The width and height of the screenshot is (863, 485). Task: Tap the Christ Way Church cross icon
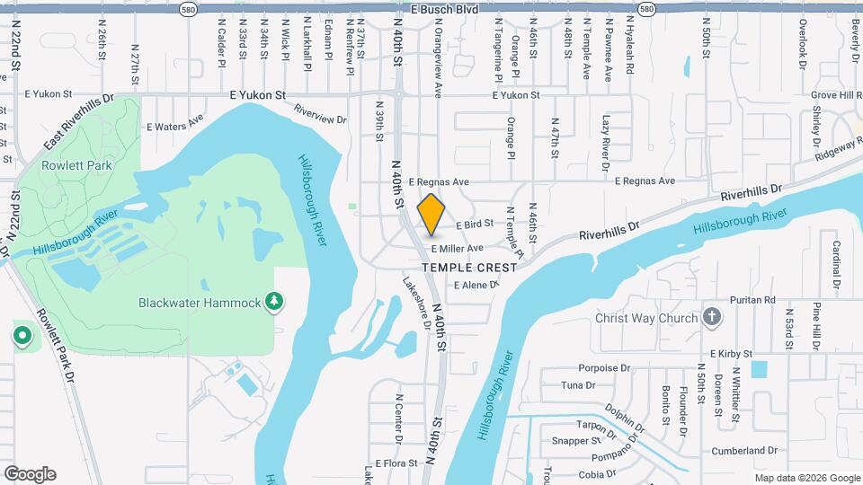pyautogui.click(x=711, y=317)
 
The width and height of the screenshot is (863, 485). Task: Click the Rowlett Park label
pyautogui.click(x=76, y=165)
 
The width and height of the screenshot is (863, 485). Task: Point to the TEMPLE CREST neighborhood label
pyautogui.click(x=470, y=268)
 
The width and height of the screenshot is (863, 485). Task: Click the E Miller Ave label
pyautogui.click(x=457, y=249)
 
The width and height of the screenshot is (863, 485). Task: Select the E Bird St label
pyautogui.click(x=475, y=225)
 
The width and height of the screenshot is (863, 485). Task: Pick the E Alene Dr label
pyautogui.click(x=476, y=285)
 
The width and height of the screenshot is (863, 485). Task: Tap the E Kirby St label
pyautogui.click(x=731, y=355)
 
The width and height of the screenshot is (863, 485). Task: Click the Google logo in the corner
pyautogui.click(x=30, y=474)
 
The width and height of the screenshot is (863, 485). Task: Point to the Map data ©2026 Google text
pyautogui.click(x=806, y=478)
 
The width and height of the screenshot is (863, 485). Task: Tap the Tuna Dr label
pyautogui.click(x=578, y=385)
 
